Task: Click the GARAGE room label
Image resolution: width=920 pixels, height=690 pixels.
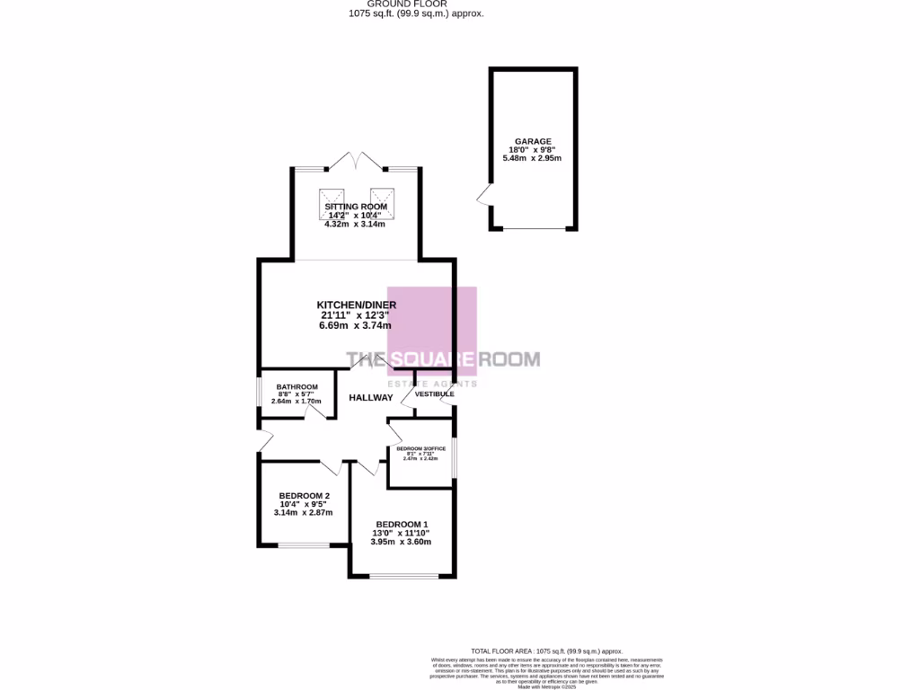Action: click(x=533, y=141)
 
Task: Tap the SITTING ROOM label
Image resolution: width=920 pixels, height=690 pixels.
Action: click(x=356, y=207)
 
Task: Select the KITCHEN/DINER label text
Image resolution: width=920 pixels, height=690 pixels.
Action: click(x=356, y=305)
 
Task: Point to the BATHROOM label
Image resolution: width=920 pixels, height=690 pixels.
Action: click(x=296, y=387)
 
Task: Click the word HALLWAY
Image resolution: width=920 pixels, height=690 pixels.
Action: click(x=370, y=397)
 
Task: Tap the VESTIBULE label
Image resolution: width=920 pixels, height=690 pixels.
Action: click(x=434, y=394)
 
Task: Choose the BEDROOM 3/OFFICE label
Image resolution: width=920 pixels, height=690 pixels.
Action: click(x=420, y=448)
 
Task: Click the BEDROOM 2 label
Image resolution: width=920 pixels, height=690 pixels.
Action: click(x=304, y=496)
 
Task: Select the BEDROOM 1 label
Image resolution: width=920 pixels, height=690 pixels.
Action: click(x=402, y=525)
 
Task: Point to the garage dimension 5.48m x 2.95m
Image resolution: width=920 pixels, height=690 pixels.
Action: click(x=532, y=158)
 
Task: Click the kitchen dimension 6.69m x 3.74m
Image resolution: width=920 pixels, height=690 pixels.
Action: click(x=356, y=326)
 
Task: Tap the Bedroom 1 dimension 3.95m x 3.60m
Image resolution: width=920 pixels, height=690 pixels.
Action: click(x=402, y=542)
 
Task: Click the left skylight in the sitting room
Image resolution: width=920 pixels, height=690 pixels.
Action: click(x=332, y=197)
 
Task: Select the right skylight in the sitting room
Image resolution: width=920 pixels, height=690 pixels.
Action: click(x=383, y=197)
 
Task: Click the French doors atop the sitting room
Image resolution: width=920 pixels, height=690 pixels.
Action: click(x=357, y=163)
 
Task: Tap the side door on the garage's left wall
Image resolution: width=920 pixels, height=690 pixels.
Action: click(x=485, y=195)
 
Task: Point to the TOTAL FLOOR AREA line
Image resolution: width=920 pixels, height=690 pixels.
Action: click(x=546, y=651)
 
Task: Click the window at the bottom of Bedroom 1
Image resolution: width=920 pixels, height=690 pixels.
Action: click(x=402, y=575)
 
